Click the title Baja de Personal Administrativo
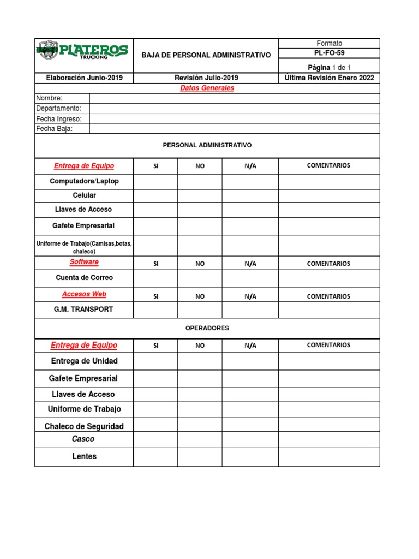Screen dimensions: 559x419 pyautogui.click(x=206, y=55)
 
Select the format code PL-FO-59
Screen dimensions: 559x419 pyautogui.click(x=329, y=53)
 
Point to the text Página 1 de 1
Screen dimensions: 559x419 pyautogui.click(x=329, y=67)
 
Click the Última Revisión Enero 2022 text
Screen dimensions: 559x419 pyautogui.click(x=329, y=78)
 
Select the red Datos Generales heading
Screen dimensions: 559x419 pyautogui.click(x=207, y=88)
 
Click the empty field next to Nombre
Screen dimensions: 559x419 pyautogui.click(x=234, y=98)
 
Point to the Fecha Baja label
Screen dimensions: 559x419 pyautogui.click(x=55, y=129)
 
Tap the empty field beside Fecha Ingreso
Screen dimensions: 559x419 pyautogui.click(x=234, y=118)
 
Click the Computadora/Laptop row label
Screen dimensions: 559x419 pyautogui.click(x=84, y=181)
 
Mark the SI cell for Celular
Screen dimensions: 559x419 pyautogui.click(x=155, y=195)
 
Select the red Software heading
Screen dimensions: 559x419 pyautogui.click(x=84, y=262)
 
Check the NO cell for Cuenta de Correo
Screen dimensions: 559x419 pyautogui.click(x=200, y=278)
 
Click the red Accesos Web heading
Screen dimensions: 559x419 pyautogui.click(x=84, y=294)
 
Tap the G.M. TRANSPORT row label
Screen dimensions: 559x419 pyautogui.click(x=84, y=310)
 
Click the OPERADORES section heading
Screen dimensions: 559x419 pyautogui.click(x=207, y=328)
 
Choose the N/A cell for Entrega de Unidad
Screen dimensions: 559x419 pyautogui.click(x=250, y=361)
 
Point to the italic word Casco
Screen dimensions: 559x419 pyautogui.click(x=83, y=439)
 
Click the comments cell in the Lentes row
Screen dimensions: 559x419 pyautogui.click(x=329, y=456)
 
